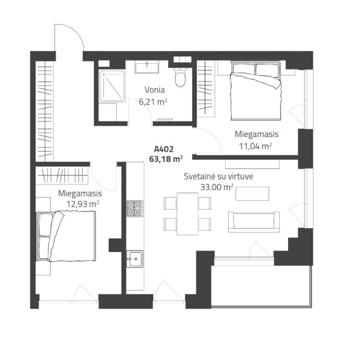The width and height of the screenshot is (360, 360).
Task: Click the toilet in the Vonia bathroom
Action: (180, 77)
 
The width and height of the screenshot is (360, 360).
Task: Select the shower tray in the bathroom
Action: (112, 86)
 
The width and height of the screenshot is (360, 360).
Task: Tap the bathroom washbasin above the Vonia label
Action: (147, 68)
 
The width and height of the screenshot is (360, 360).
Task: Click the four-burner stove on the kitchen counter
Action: (135, 208)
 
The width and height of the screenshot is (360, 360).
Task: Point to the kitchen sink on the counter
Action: (135, 259)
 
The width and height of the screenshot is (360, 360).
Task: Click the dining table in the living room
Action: (188, 213)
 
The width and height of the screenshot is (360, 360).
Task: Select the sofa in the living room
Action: (254, 222)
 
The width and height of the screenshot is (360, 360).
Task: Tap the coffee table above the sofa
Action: (253, 193)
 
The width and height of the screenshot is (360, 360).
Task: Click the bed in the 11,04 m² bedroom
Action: (256, 91)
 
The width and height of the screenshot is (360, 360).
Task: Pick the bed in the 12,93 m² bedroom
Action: (66, 236)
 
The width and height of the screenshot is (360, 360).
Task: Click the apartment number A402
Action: (164, 149)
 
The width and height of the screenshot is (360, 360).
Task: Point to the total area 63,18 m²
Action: (165, 159)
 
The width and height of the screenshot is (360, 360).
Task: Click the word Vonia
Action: (155, 90)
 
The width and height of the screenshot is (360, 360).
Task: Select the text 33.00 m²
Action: (217, 187)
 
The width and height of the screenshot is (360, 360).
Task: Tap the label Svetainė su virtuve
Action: (219, 176)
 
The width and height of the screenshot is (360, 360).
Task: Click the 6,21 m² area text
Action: (153, 102)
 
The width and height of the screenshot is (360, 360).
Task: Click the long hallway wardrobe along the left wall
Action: (44, 111)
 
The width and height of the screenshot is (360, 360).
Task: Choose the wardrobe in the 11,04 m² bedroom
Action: (206, 89)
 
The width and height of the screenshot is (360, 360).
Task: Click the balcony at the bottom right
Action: (261, 286)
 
